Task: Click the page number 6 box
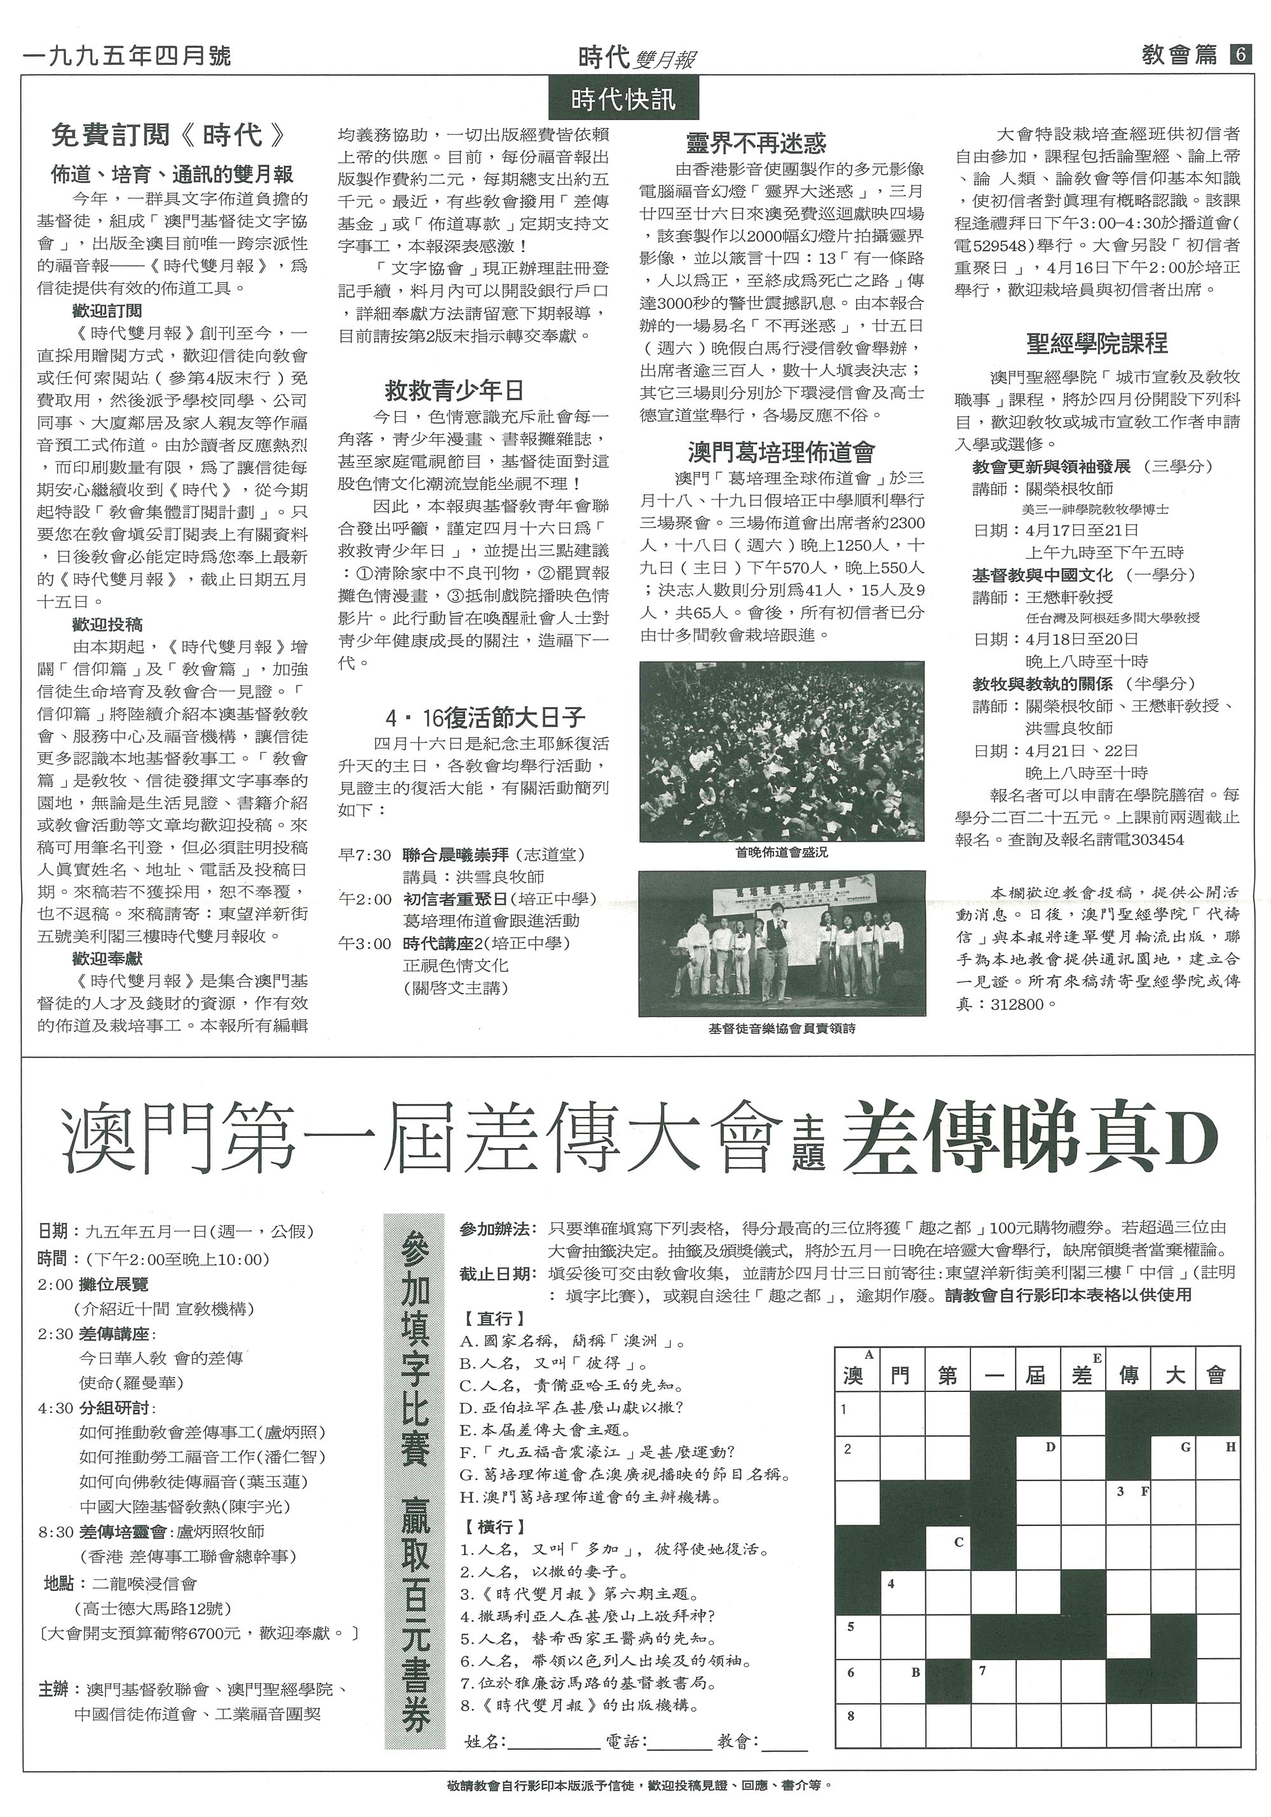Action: click(x=1239, y=55)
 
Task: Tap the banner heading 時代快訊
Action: click(x=623, y=99)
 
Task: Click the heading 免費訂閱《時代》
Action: click(x=167, y=135)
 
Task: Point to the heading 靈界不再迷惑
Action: click(x=756, y=142)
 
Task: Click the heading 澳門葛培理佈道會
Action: click(x=781, y=452)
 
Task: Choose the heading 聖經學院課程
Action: click(x=1096, y=342)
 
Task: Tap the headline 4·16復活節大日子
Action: click(x=485, y=718)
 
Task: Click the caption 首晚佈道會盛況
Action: click(x=781, y=853)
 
